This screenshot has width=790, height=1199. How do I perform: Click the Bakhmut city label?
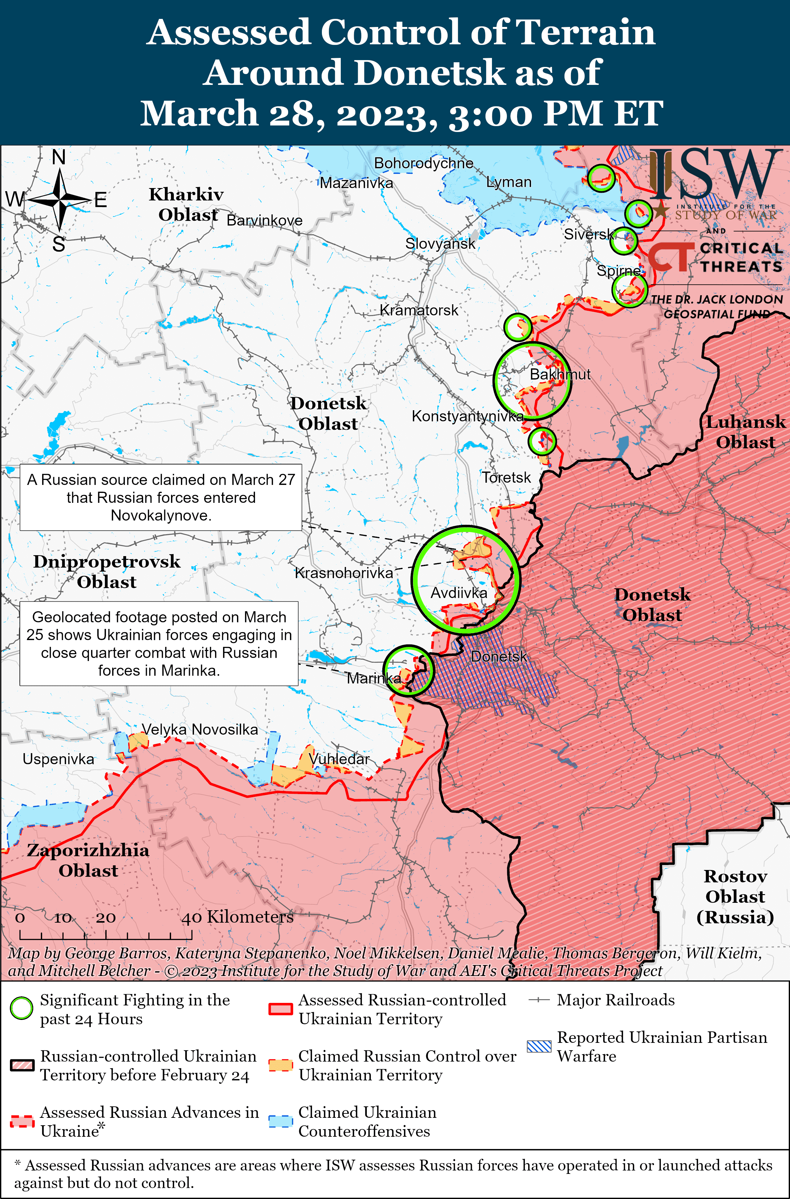pos(560,374)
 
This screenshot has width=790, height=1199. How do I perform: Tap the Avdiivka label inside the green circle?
pos(459,593)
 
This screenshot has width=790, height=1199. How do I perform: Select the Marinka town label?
pos(373,678)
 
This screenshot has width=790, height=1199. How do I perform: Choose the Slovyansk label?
pos(440,244)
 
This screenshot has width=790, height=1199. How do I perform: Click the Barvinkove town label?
pos(265,220)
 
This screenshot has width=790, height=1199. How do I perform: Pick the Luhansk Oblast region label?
pos(745,432)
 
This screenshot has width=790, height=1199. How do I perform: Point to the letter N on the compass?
pos(59,158)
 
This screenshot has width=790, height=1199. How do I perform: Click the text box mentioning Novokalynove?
pos(161,497)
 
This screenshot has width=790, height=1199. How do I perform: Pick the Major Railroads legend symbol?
pos(538,1000)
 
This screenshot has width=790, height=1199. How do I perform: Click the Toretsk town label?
pos(506,477)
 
